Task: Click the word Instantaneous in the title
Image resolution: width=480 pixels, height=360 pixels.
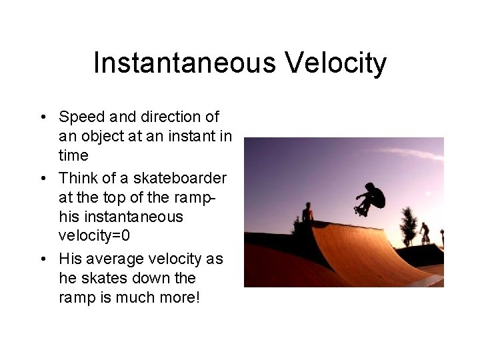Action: point(185,63)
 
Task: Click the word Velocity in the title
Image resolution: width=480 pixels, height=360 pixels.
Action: point(335,63)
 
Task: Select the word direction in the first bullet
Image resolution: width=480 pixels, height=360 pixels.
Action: point(169,117)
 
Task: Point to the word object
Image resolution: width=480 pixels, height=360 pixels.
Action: point(101,137)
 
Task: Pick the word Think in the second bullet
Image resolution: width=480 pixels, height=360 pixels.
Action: point(77,179)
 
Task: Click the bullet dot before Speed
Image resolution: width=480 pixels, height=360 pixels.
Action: point(43,118)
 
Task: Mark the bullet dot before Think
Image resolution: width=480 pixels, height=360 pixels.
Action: point(43,179)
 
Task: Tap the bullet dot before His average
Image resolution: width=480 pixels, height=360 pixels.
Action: point(43,259)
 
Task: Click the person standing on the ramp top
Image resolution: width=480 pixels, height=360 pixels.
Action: point(307,213)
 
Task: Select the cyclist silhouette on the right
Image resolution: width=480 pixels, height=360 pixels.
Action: point(424,233)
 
